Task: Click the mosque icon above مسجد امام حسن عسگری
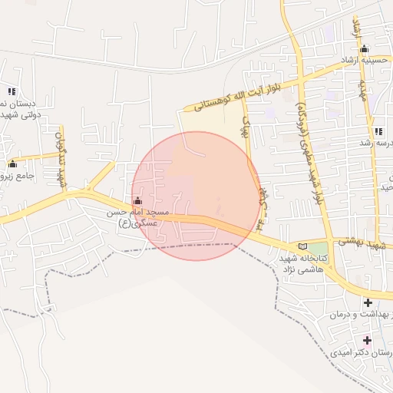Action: pos(137,201)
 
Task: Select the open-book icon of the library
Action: pos(302,246)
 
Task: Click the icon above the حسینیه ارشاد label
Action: pos(364,48)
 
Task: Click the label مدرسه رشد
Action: pos(377,143)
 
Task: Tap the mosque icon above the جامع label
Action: pos(12,163)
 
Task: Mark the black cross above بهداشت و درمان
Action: pos(367,302)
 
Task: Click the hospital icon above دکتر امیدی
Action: pos(367,339)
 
